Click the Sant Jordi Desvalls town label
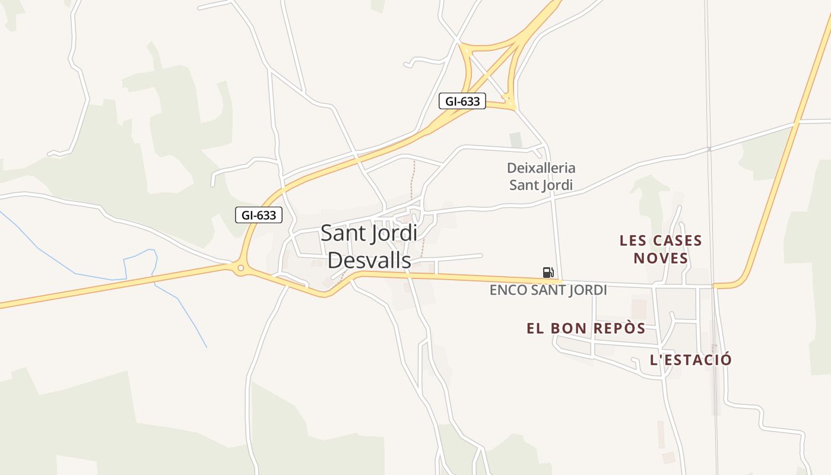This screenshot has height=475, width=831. coord(369,246)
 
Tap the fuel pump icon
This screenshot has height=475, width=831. coord(548,273)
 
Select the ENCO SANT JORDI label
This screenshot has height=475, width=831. coord(548,290)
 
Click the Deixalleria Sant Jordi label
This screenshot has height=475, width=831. coord(541,176)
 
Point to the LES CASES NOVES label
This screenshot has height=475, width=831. coord(661,249)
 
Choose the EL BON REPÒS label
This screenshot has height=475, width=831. coord(586,328)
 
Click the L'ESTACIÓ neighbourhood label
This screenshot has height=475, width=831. coord(691,360)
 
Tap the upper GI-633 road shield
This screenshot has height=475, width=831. coord(462,102)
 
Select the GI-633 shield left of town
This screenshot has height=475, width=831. coord(259,215)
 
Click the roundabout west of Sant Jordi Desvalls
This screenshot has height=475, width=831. coord(240,268)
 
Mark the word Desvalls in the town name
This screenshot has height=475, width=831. coord(369,260)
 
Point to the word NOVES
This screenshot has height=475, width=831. coord(661,258)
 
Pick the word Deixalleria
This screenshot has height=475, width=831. coord(541,168)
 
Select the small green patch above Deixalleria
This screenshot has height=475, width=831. coord(516,140)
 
